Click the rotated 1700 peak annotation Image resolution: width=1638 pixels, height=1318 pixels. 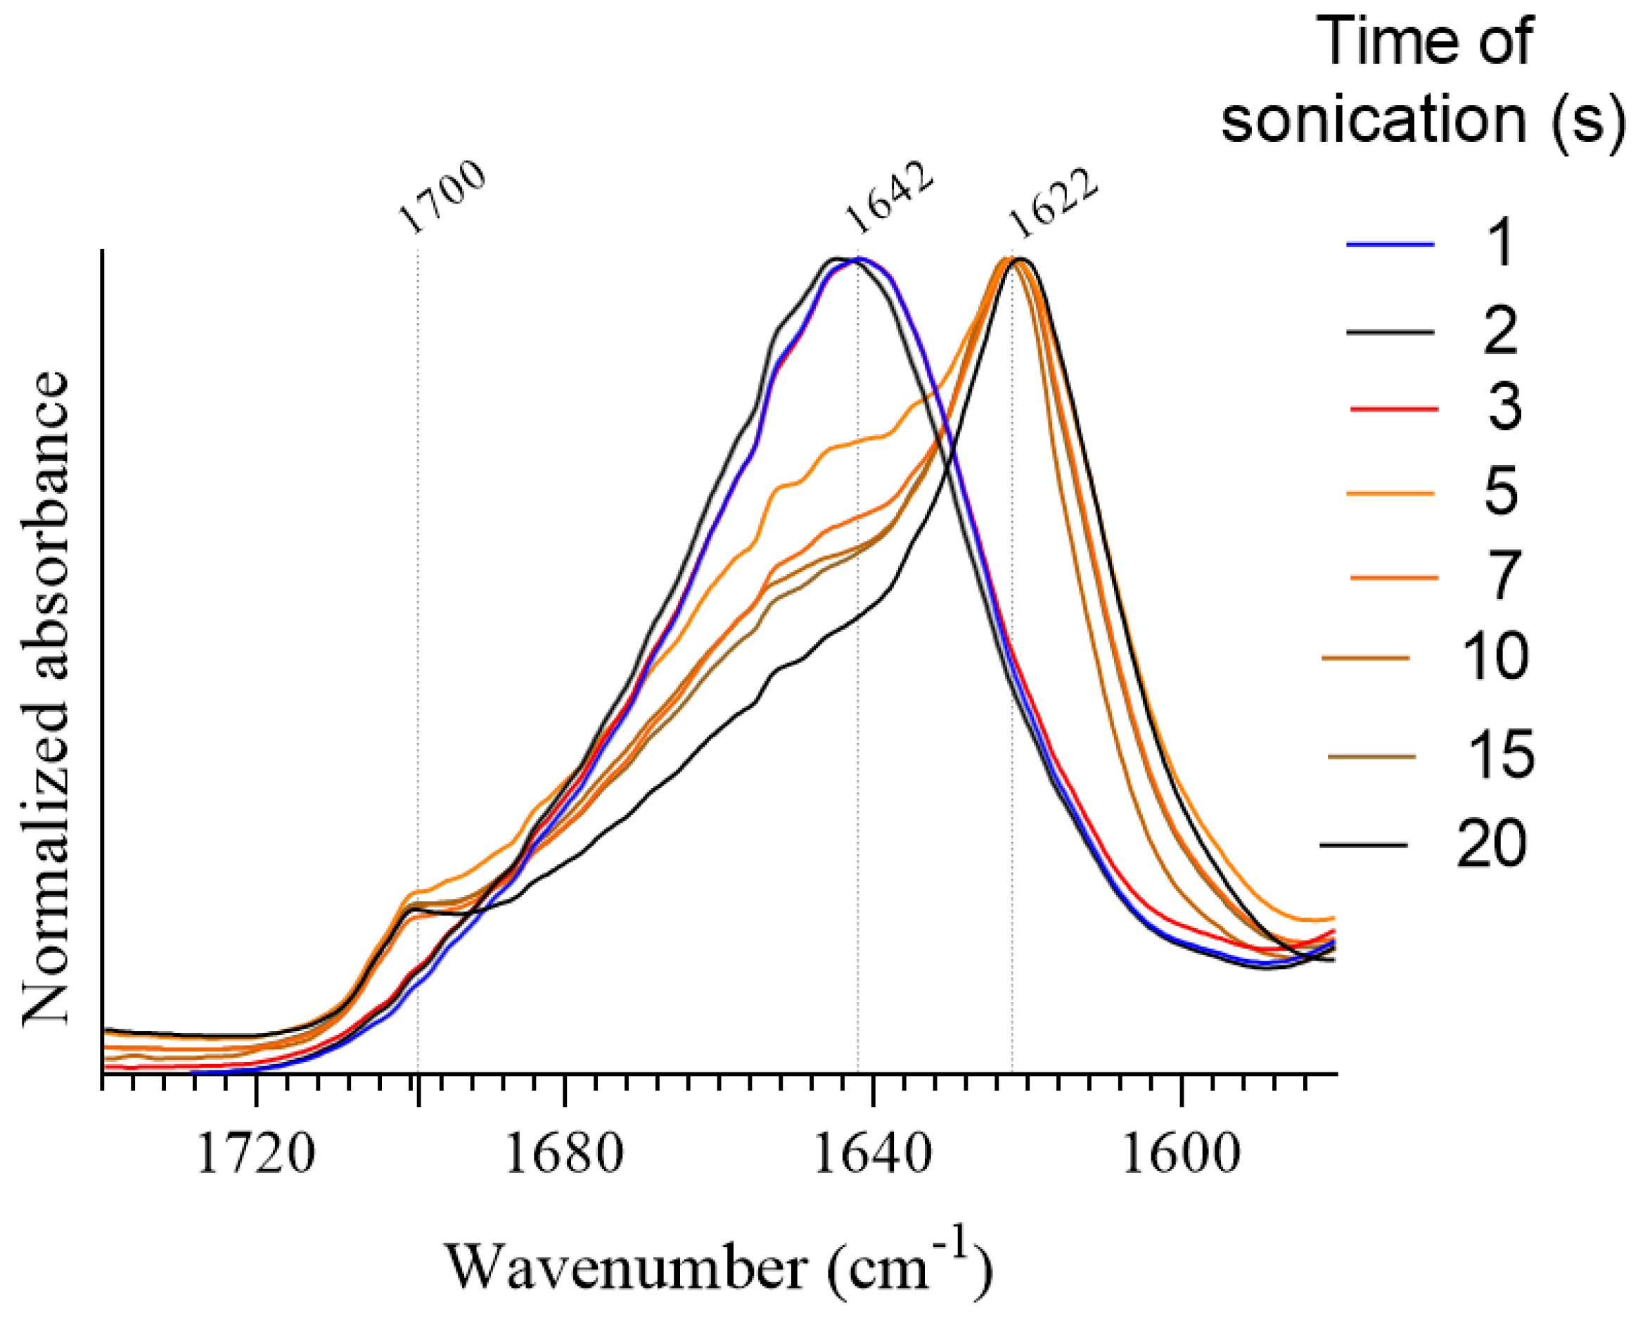tap(442, 197)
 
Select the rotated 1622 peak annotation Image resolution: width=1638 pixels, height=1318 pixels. tap(1053, 201)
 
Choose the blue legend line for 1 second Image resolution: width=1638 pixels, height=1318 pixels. tap(1390, 245)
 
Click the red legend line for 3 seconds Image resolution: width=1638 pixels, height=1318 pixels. tap(1394, 409)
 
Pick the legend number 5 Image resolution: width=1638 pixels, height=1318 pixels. tap(1500, 491)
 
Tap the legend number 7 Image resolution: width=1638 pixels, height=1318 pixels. tap(1500, 576)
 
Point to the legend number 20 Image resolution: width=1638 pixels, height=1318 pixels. tap(1490, 844)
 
